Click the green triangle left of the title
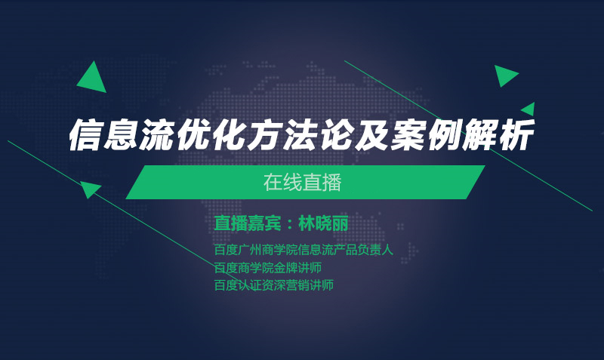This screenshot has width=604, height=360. coord(93,80)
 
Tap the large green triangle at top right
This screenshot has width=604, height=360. coord(504,75)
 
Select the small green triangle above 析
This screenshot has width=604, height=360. coord(529,109)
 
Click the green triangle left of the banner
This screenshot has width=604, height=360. coord(90,189)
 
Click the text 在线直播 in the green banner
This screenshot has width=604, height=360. coord(303,183)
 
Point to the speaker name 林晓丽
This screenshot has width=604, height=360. coord(323,223)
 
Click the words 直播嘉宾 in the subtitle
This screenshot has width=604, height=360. coord(248,223)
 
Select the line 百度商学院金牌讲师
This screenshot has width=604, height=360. coord(268,268)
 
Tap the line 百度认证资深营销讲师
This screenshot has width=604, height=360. coord(274,285)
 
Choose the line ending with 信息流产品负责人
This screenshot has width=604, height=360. coord(304,250)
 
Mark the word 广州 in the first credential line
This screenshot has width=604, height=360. coord(250,250)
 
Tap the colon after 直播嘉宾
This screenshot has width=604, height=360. coord(290,224)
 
